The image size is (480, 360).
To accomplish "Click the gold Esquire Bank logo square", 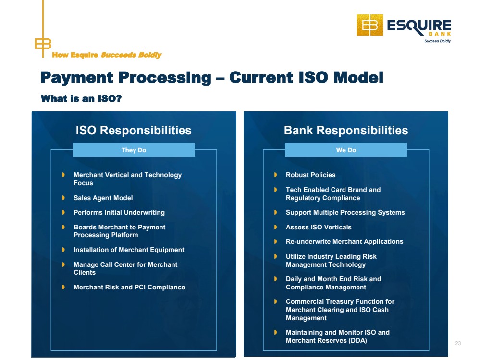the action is (370, 25).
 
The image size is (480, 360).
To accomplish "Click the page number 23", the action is (458, 343).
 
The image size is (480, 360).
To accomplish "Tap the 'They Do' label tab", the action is (134, 150).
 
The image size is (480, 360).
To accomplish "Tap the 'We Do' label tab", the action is (346, 150).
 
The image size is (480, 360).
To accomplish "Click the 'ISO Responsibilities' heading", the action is (134, 130).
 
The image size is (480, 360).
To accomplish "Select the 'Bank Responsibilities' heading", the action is (346, 130).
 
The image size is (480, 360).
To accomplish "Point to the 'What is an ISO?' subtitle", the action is (81, 98).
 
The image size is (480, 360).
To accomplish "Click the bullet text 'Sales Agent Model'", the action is (103, 198).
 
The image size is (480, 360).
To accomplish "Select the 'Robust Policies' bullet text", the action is (310, 175).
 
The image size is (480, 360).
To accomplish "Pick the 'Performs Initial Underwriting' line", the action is (119, 212).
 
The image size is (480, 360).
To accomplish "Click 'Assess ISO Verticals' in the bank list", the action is (319, 227).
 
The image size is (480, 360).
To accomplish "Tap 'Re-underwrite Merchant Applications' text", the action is (345, 241).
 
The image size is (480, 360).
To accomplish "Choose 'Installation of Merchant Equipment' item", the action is (129, 250).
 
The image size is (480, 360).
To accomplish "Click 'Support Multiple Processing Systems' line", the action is (345, 212).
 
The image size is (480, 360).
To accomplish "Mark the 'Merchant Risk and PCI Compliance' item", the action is (129, 287).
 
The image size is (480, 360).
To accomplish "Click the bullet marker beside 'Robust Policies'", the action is (275, 175).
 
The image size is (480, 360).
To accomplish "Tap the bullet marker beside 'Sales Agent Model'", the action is (63, 198).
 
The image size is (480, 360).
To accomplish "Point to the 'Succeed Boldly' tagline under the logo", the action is (437, 41).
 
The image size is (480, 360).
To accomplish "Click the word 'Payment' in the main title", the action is (77, 78).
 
